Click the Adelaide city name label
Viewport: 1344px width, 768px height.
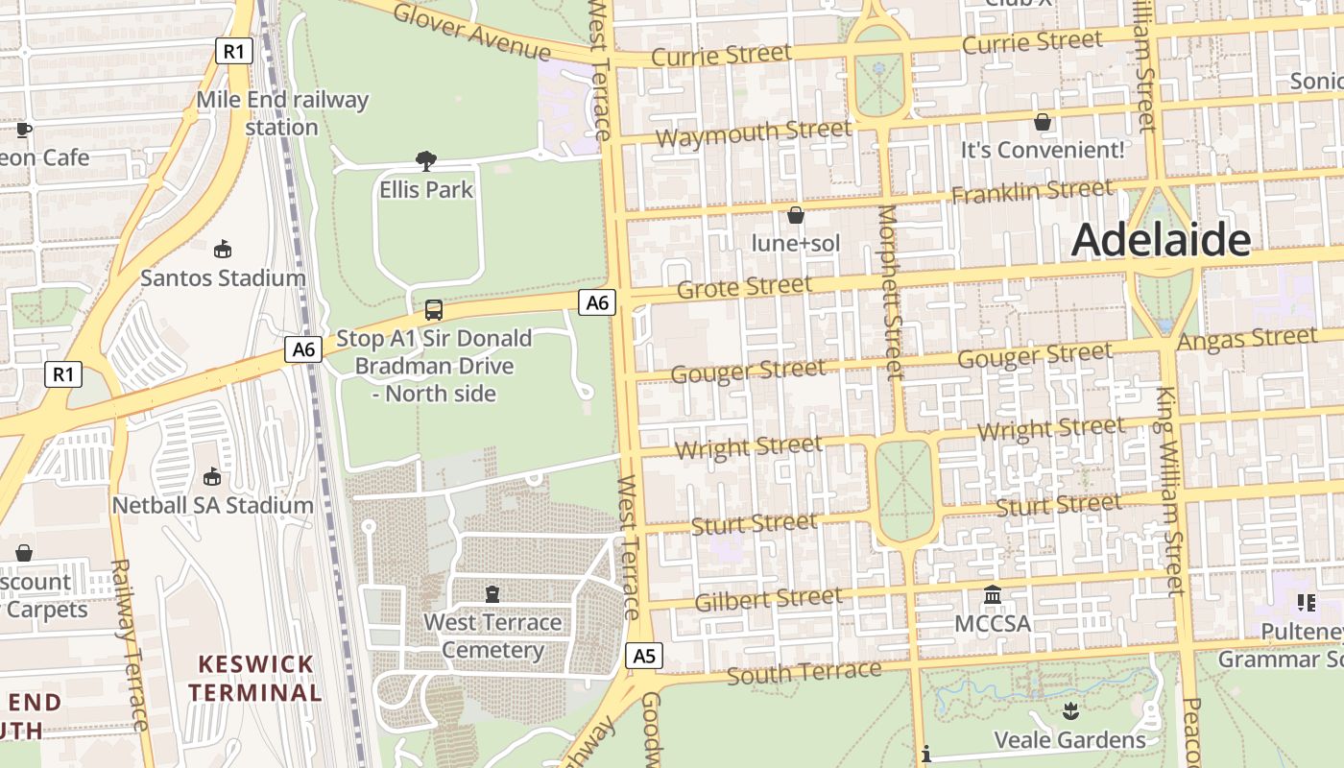1161,239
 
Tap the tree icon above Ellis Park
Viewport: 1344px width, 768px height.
426,161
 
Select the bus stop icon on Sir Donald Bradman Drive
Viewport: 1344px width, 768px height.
434,310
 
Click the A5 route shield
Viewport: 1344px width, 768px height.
644,656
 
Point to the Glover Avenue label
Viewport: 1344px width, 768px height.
472,31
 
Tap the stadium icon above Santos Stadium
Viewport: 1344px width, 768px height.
223,250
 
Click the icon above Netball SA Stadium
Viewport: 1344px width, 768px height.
212,476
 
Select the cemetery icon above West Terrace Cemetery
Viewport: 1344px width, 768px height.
492,594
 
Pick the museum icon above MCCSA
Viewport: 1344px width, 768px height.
993,595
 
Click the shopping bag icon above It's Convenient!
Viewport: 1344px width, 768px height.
1042,122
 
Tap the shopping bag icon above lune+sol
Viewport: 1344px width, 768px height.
795,215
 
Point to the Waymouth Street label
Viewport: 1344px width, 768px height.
753,133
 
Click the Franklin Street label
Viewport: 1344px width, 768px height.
1032,191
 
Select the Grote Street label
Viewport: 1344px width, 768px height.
744,287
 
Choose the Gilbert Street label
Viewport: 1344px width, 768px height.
768,600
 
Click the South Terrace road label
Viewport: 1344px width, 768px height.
804,672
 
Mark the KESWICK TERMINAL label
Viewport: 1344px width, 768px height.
254,678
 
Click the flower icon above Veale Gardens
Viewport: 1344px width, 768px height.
1070,711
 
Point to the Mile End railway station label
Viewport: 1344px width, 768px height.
282,113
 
